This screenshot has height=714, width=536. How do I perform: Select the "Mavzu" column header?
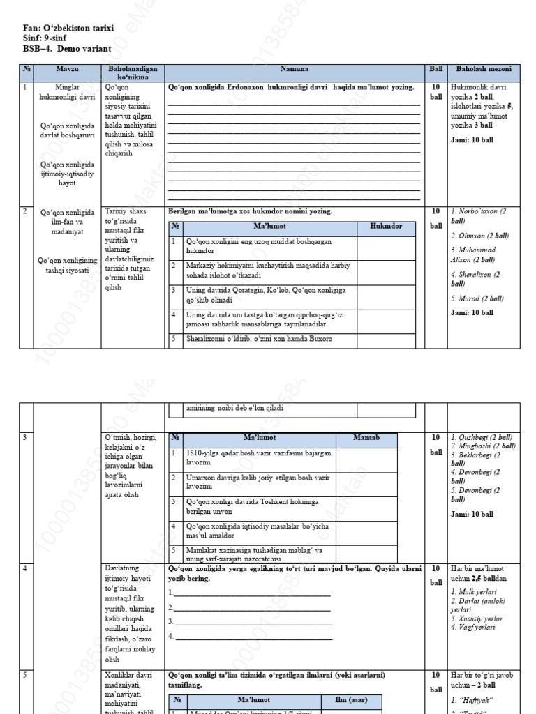click(x=67, y=69)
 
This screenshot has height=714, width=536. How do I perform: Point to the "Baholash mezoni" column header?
click(x=484, y=69)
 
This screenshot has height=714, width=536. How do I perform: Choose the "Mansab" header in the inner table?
click(x=366, y=438)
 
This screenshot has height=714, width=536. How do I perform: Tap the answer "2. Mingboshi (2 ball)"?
click(x=483, y=446)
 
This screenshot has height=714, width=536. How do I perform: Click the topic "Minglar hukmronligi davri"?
click(x=67, y=93)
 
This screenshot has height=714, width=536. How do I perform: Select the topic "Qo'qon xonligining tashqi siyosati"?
click(x=67, y=266)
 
